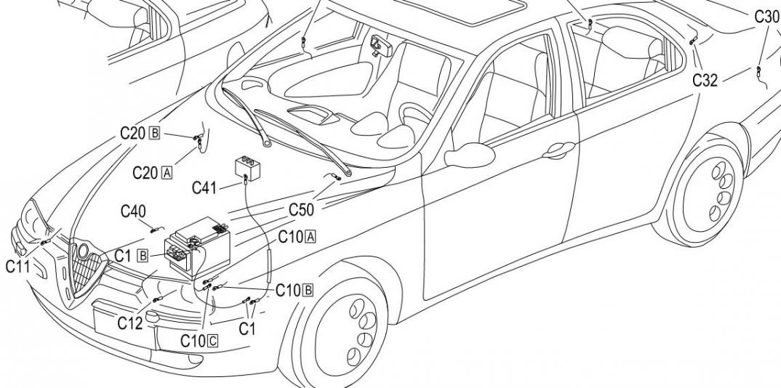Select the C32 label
tap(705, 80)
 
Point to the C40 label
tap(133, 211)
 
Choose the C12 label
tap(130, 323)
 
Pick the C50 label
tap(301, 210)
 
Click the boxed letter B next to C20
tap(154, 133)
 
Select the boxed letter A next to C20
tap(167, 173)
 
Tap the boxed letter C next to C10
tap(212, 340)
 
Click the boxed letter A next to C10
tap(311, 237)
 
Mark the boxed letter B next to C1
tap(143, 256)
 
